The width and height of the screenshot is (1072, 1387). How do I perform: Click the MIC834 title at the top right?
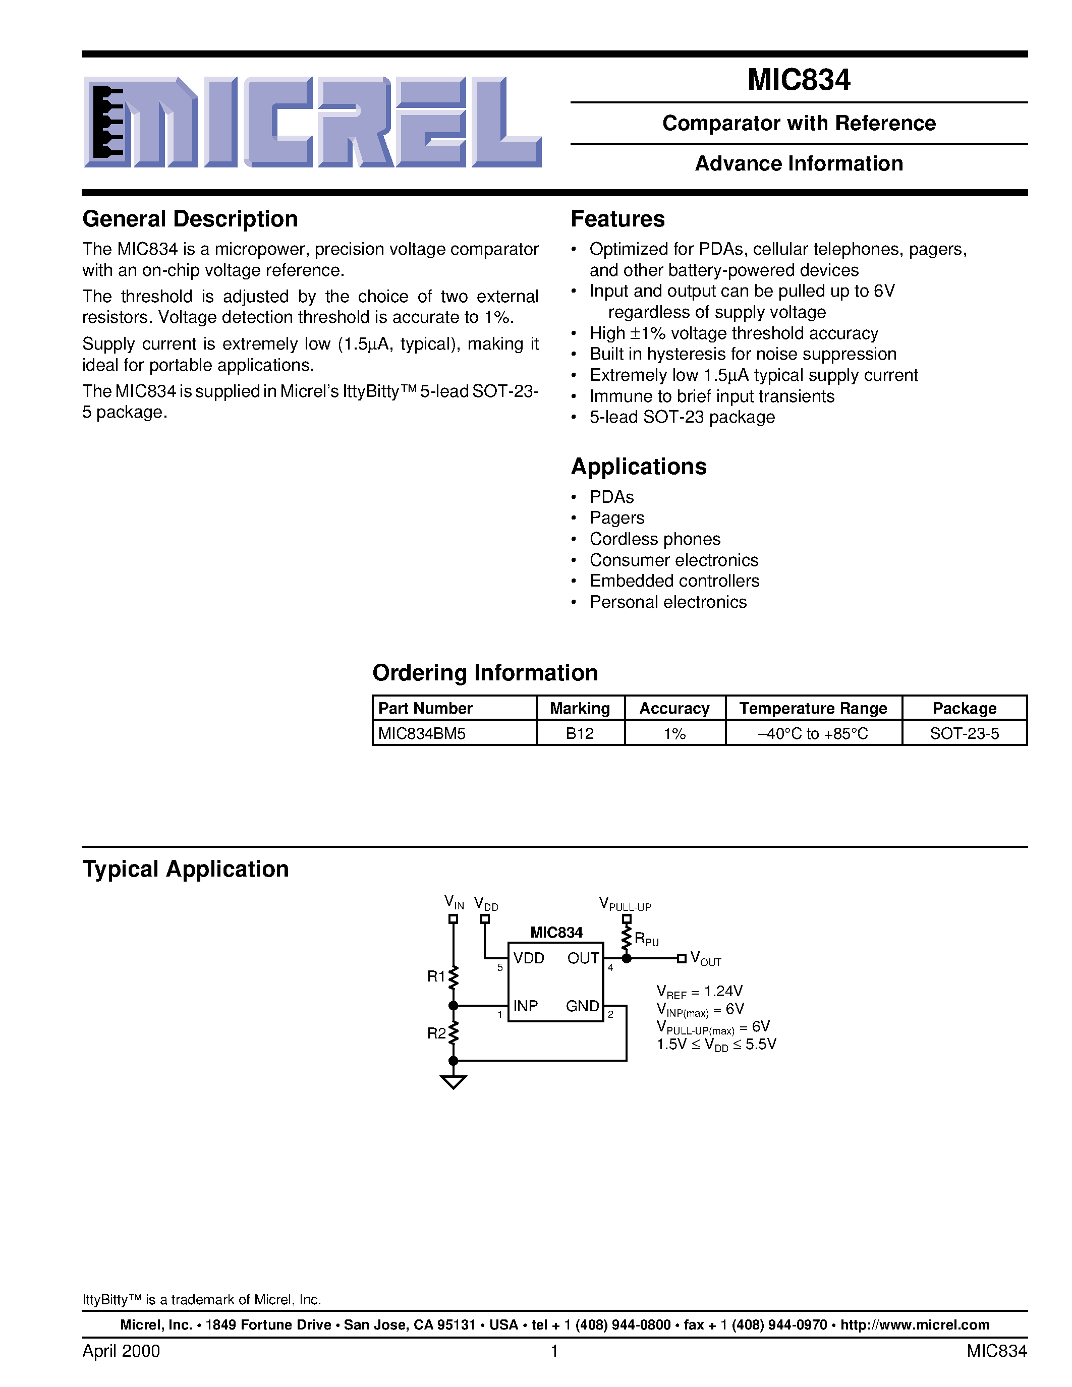pyautogui.click(x=798, y=80)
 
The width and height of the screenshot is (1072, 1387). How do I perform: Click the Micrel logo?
pyautogui.click(x=312, y=122)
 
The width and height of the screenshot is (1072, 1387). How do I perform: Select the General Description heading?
pyautogui.click(x=190, y=219)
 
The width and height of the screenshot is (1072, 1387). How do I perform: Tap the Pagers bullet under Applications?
pyautogui.click(x=616, y=518)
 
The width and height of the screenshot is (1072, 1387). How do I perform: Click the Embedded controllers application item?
pyautogui.click(x=674, y=581)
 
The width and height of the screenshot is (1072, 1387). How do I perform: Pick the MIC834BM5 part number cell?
pyautogui.click(x=422, y=733)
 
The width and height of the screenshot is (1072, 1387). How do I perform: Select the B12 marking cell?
pyautogui.click(x=579, y=733)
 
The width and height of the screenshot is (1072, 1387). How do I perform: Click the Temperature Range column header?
pyautogui.click(x=813, y=708)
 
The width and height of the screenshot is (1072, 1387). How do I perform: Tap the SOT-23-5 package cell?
pyautogui.click(x=964, y=733)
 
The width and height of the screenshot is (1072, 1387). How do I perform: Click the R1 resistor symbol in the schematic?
pyautogui.click(x=453, y=978)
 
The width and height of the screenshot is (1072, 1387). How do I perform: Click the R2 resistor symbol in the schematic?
pyautogui.click(x=453, y=1033)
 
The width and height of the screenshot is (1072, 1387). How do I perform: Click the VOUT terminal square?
pyautogui.click(x=682, y=958)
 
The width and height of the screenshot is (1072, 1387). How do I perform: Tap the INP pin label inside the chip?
pyautogui.click(x=525, y=1006)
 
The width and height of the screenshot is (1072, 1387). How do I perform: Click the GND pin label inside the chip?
pyautogui.click(x=582, y=1006)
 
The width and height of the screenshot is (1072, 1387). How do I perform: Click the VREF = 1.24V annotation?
pyautogui.click(x=699, y=992)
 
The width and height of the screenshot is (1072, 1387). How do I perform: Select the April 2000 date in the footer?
pyautogui.click(x=121, y=1351)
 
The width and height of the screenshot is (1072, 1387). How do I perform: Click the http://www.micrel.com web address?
pyautogui.click(x=915, y=1325)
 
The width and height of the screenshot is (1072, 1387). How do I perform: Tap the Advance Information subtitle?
pyautogui.click(x=798, y=164)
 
